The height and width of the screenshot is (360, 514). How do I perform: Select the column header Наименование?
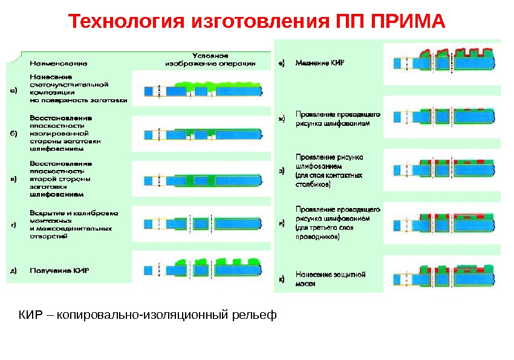click(x=59, y=62)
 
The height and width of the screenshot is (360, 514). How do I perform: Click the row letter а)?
click(x=13, y=91)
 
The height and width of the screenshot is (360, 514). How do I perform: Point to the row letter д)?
click(x=13, y=270)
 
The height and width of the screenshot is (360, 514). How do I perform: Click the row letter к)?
click(x=281, y=279)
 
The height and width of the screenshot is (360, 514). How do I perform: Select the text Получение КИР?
click(x=59, y=270)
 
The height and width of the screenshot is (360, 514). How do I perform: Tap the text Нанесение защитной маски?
click(x=330, y=278)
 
